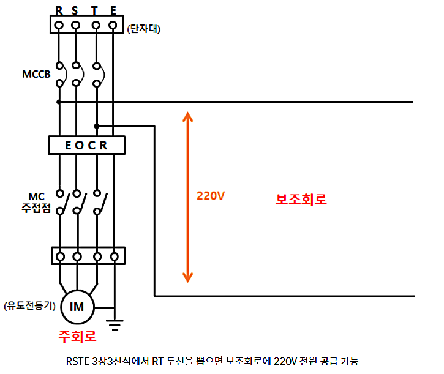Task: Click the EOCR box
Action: (x=86, y=145)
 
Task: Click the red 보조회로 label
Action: (x=301, y=199)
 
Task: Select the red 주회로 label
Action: (x=77, y=336)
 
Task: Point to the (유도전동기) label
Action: (x=29, y=305)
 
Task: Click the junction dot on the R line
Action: (x=59, y=102)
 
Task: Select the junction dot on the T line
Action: (x=96, y=126)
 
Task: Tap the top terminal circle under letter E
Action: (x=113, y=25)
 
